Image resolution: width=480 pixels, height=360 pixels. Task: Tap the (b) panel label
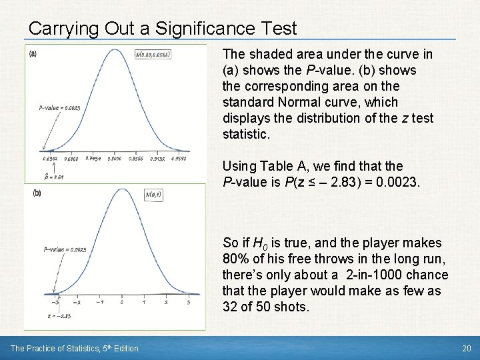click(36, 193)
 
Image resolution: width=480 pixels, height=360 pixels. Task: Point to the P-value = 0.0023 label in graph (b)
click(65, 249)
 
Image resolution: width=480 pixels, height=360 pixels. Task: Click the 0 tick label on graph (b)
click(121, 302)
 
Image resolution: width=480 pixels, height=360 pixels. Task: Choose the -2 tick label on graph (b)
click(77, 302)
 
